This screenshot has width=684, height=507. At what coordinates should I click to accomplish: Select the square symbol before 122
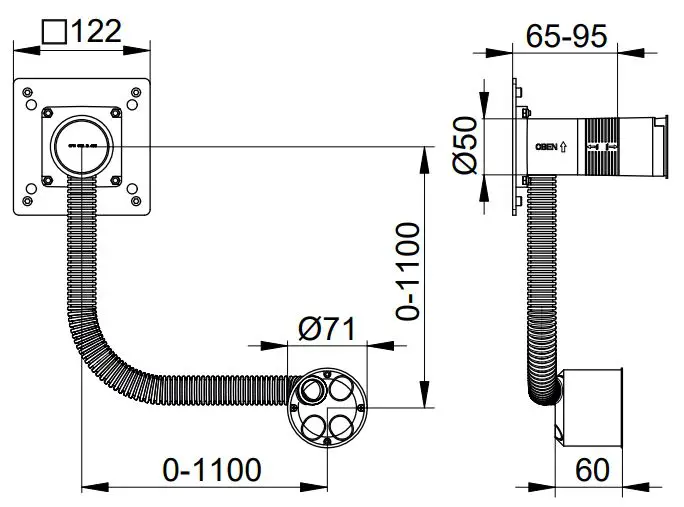pos(53,31)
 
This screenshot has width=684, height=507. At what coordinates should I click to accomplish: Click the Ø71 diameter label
pos(327,327)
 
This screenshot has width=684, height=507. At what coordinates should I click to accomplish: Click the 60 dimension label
pos(592,467)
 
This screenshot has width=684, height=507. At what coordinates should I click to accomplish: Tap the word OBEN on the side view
pos(546,146)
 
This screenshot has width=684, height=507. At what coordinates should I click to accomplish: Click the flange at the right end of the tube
pos(660,146)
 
